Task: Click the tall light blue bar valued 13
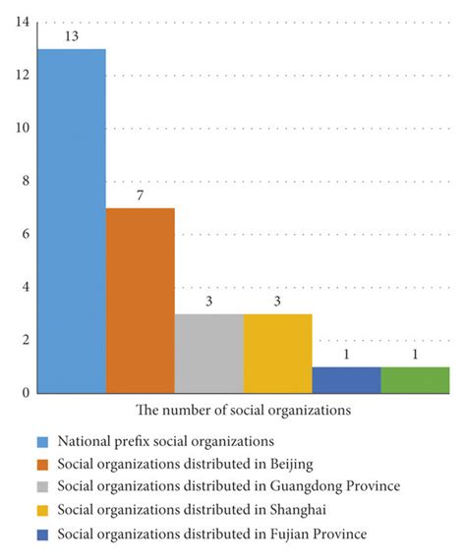(72, 221)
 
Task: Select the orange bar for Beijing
(141, 301)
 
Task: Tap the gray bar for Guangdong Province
(209, 354)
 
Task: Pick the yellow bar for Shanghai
(278, 354)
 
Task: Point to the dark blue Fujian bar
(346, 380)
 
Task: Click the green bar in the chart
(415, 380)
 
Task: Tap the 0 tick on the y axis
(25, 393)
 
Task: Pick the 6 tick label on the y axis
(25, 235)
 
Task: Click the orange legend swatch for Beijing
(42, 464)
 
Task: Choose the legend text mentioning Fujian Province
(212, 534)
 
